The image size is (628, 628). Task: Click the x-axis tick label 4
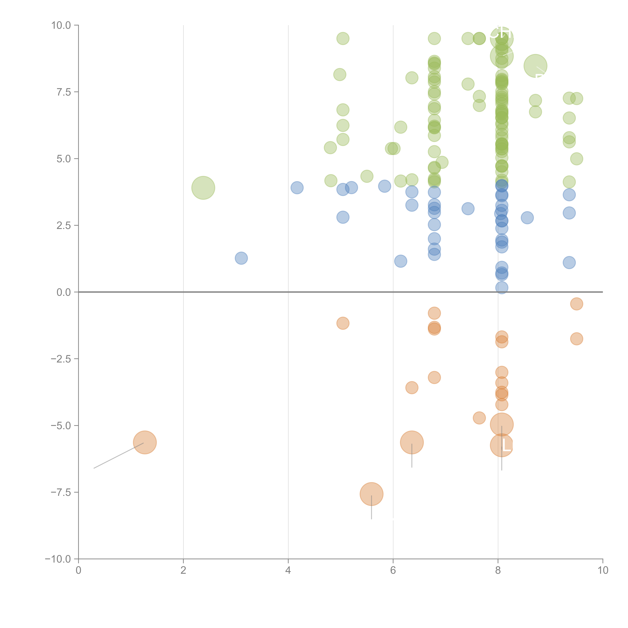click(x=288, y=570)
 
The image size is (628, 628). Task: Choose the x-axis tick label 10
click(x=603, y=570)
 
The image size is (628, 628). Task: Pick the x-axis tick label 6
click(x=393, y=570)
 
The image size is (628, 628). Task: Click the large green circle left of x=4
click(x=203, y=188)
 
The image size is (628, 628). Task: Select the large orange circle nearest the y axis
click(x=145, y=442)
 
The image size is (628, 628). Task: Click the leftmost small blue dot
click(x=241, y=258)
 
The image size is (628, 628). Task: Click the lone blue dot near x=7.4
click(x=468, y=209)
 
